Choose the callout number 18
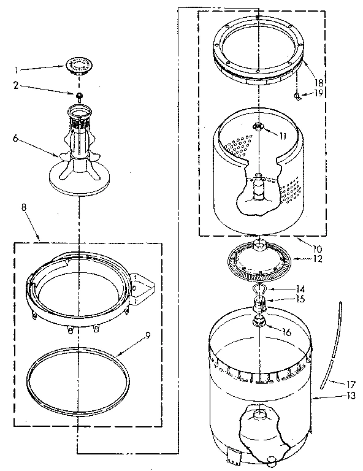pos(319,82)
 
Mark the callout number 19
pos(319,93)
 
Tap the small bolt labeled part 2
pos(80,96)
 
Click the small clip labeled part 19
pos(297,96)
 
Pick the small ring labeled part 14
pos(259,289)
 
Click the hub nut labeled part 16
pos(259,320)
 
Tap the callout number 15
pos(300,299)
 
